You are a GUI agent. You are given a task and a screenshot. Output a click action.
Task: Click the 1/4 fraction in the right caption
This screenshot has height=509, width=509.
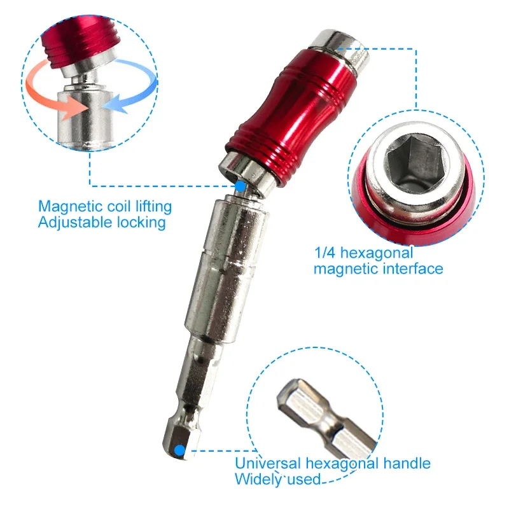[324, 253]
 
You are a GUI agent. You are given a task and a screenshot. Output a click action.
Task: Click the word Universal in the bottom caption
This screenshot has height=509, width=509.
[267, 463]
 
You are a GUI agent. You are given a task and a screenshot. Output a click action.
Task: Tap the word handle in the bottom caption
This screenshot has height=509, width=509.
[407, 463]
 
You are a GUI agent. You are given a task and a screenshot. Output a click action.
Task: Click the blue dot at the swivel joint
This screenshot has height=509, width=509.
[241, 186]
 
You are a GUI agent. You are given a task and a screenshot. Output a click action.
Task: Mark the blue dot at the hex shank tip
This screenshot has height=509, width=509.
[179, 450]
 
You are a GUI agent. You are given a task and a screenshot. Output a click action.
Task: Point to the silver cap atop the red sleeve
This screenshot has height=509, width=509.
[339, 50]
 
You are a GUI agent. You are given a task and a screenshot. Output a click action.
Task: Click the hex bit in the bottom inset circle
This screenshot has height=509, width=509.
[324, 419]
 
